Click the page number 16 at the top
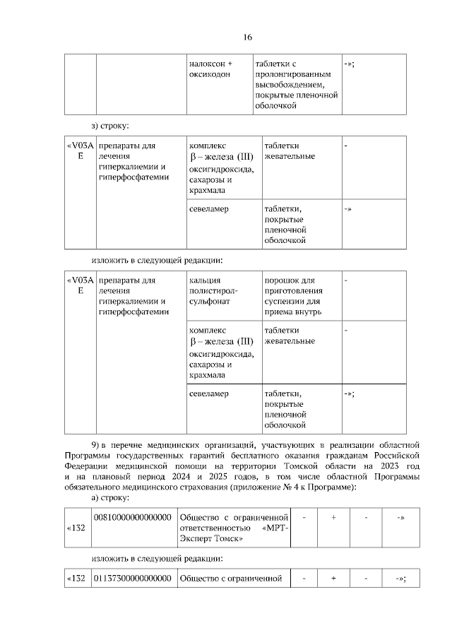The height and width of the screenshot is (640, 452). tap(248, 37)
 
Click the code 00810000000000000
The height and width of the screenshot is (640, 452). tap(133, 517)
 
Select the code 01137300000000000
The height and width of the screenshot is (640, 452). tap(133, 579)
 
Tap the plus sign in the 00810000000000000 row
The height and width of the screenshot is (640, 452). tap(333, 517)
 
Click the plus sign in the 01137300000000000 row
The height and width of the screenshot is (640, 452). tap(333, 579)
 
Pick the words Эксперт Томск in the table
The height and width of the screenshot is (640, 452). tap(212, 539)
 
